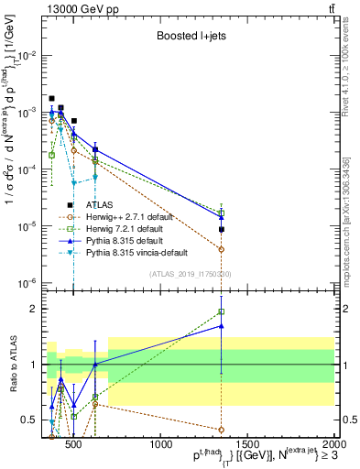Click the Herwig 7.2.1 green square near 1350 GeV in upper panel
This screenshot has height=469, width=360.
coord(222,213)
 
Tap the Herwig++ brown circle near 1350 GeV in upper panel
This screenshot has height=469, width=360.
coord(222,249)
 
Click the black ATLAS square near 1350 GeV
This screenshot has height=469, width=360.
coord(222,229)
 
